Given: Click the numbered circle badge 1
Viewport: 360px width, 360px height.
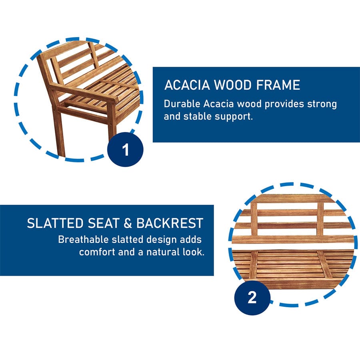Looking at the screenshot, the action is coord(125,150).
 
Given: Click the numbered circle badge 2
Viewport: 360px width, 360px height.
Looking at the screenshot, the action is coord(252,298).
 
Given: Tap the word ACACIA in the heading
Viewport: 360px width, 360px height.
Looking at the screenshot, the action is coord(187,85).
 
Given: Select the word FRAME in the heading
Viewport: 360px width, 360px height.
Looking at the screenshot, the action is coord(278,85).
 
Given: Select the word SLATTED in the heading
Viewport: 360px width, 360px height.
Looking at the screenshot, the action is coord(55,223).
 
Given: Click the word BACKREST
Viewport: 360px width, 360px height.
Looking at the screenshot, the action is coord(170,223).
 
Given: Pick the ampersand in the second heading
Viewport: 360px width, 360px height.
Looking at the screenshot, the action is coord(128,223).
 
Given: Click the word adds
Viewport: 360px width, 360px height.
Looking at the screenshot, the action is coord(191,240).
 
